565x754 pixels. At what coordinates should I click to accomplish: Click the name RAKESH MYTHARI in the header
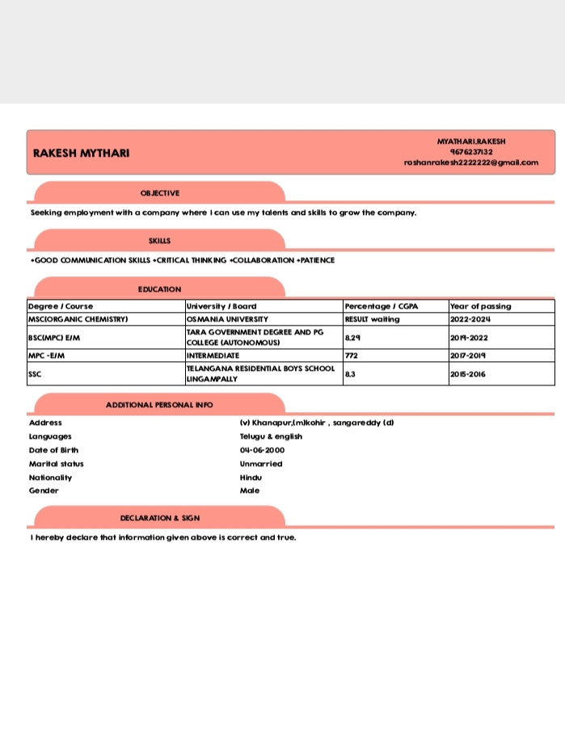pyautogui.click(x=81, y=154)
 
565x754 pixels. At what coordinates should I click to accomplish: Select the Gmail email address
pyautogui.click(x=471, y=162)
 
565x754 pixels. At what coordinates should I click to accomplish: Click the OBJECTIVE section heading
pyautogui.click(x=160, y=193)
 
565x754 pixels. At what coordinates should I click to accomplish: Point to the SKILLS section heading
pyautogui.click(x=160, y=241)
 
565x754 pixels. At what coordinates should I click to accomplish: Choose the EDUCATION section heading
pyautogui.click(x=160, y=289)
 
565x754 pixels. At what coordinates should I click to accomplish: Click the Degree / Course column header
pyautogui.click(x=61, y=306)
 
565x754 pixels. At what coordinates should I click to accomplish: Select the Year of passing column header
pyautogui.click(x=480, y=306)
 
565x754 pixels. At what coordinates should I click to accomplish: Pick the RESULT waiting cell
pyautogui.click(x=372, y=319)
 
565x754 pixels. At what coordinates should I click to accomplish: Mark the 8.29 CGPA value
pyautogui.click(x=352, y=338)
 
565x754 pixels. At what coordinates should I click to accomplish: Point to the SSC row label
pyautogui.click(x=34, y=374)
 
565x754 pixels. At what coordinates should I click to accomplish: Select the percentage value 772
pyautogui.click(x=352, y=356)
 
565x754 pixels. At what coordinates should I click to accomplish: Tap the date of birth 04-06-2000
pyautogui.click(x=263, y=450)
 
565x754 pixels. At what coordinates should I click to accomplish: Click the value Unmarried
pyautogui.click(x=261, y=464)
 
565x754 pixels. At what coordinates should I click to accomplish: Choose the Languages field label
pyautogui.click(x=50, y=436)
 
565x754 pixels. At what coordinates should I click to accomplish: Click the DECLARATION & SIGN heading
pyautogui.click(x=160, y=518)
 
